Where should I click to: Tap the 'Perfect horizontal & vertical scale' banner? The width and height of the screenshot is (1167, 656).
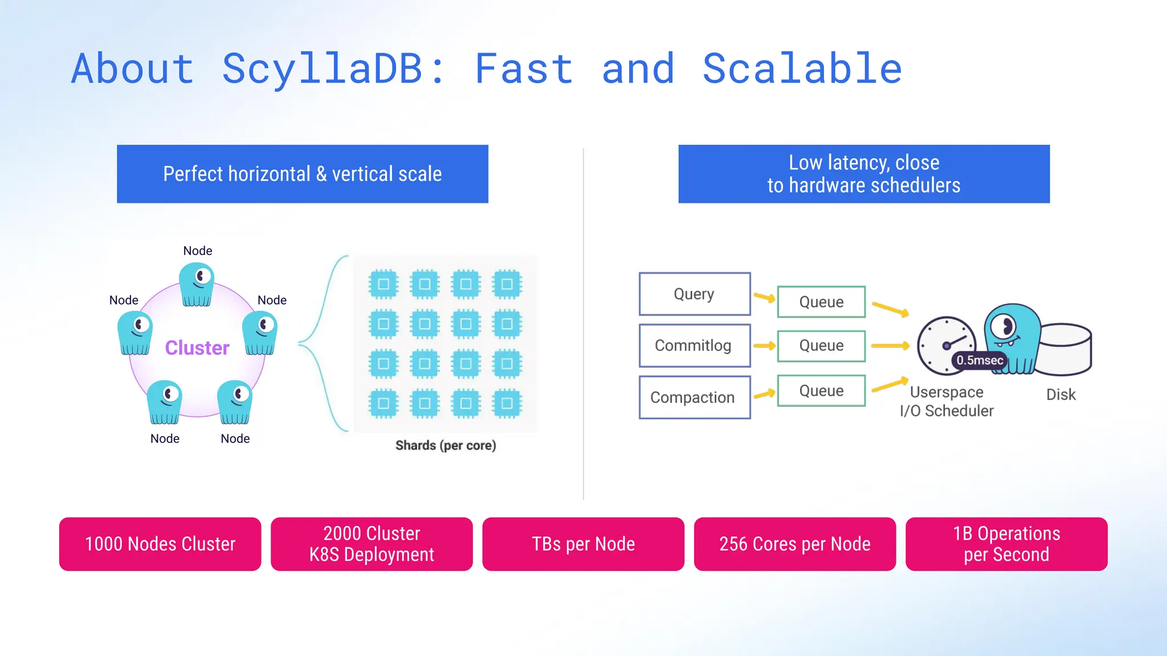[x=302, y=174]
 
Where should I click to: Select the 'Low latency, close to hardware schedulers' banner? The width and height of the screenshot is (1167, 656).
[x=863, y=174]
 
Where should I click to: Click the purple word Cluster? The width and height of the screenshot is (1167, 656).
[x=197, y=347]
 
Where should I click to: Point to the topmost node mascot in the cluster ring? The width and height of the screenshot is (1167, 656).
[x=197, y=284]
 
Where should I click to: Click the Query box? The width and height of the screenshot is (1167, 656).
[x=694, y=294]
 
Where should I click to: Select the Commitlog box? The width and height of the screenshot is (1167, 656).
[x=694, y=346]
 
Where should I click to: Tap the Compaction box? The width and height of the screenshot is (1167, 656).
[x=694, y=397]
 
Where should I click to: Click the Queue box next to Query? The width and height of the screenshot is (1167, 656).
[x=821, y=302]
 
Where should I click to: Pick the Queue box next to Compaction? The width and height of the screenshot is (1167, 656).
[x=821, y=391]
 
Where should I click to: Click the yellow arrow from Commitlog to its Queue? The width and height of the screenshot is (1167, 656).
[x=764, y=346]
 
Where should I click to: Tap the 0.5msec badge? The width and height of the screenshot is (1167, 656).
[x=979, y=360]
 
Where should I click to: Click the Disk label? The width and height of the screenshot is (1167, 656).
[x=1060, y=394]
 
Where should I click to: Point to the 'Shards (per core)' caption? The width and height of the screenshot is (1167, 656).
[x=446, y=445]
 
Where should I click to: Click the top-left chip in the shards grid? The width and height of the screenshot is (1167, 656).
[x=383, y=284]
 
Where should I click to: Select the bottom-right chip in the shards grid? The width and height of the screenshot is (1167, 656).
[x=507, y=403]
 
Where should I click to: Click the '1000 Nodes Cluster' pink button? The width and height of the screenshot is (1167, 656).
[x=160, y=544]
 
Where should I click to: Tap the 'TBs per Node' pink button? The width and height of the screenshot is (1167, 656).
[x=583, y=544]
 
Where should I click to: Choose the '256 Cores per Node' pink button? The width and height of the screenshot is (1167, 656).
[x=794, y=544]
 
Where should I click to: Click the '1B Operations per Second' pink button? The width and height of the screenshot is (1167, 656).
[x=1006, y=544]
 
